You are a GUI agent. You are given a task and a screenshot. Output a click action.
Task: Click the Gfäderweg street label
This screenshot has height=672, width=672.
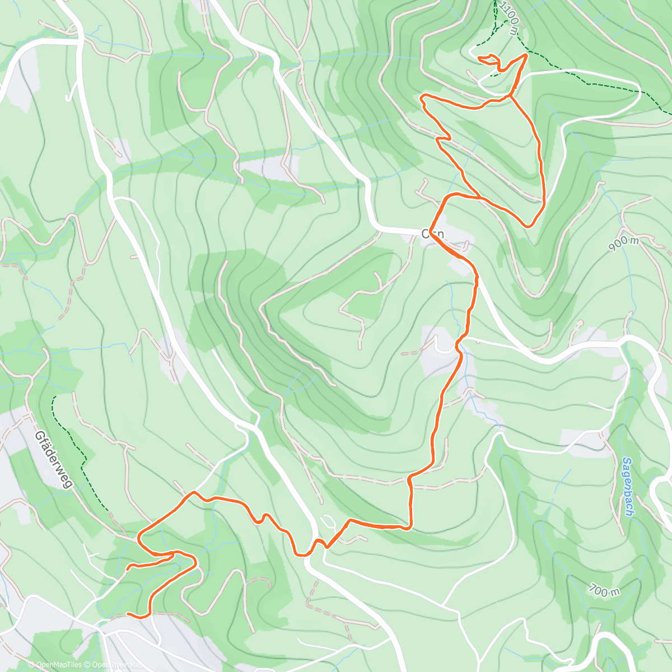(53, 459)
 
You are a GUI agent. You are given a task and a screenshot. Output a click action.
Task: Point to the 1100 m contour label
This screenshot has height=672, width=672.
(510, 18)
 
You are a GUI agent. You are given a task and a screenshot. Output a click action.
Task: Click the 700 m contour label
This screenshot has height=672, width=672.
(604, 590)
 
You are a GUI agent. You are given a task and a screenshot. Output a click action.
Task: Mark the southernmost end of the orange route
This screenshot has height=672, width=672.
(128, 614)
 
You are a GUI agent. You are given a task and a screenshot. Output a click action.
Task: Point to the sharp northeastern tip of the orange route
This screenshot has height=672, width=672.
(526, 54)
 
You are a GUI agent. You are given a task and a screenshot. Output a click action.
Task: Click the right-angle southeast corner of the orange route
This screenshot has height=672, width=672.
(411, 526)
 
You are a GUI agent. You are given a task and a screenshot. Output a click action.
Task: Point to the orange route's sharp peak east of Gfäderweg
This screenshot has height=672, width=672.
(193, 492)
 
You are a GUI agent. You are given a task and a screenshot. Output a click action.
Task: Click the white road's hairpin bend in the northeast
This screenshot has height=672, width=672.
(638, 90)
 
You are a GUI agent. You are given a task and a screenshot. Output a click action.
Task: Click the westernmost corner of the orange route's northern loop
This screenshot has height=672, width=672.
(422, 98)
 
